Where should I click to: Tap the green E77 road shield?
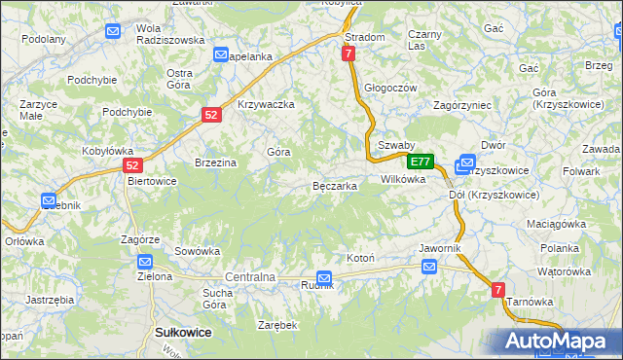[x=420, y=162]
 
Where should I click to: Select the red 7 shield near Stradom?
[x=348, y=54]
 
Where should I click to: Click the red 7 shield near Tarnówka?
[x=497, y=289]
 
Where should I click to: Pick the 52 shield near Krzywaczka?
[x=211, y=115]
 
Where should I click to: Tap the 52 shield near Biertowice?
[x=133, y=165]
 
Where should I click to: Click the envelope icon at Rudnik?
[x=324, y=278]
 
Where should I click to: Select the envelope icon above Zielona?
[x=145, y=262]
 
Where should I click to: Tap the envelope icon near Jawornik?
[x=429, y=266]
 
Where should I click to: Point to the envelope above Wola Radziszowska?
[x=113, y=31]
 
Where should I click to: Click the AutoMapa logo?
[x=556, y=342]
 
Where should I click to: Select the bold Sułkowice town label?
[x=184, y=332]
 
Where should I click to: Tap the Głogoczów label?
[x=390, y=88]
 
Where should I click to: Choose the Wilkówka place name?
[x=403, y=179]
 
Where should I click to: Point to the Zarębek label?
[x=277, y=324]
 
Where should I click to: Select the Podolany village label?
[x=44, y=40]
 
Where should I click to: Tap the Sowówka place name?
[x=198, y=250]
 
